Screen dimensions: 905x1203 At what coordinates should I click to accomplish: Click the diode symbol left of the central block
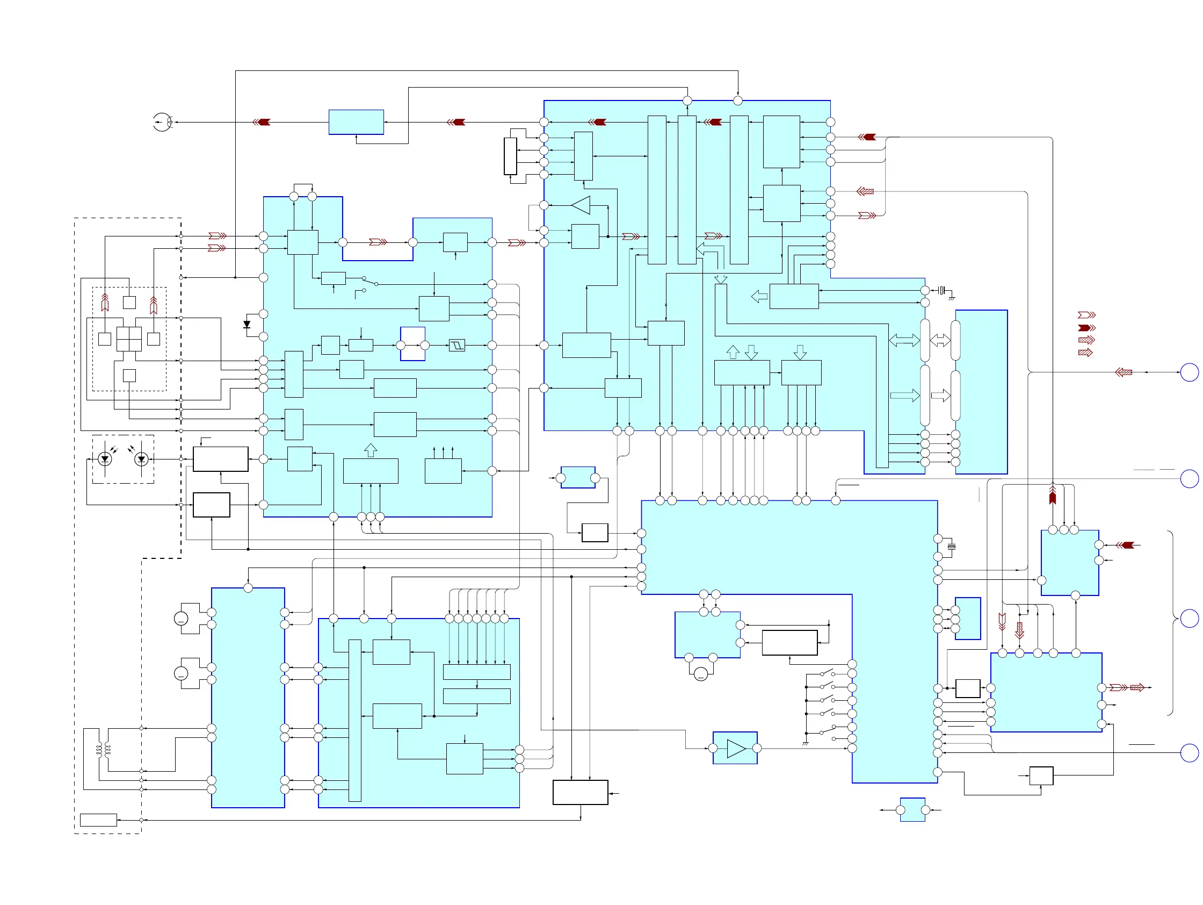(247, 325)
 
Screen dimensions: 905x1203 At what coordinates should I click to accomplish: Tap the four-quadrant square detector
(129, 339)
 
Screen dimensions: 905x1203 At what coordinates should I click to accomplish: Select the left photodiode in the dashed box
(105, 459)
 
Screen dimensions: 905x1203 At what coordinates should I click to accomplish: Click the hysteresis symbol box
(457, 345)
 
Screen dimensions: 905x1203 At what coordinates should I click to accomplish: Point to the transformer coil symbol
(103, 750)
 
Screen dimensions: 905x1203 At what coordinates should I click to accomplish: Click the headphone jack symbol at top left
(162, 122)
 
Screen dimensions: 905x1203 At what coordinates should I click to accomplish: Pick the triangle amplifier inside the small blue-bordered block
(736, 748)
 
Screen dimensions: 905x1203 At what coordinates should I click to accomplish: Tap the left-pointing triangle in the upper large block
(581, 205)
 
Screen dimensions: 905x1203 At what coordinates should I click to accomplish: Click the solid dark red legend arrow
(1086, 328)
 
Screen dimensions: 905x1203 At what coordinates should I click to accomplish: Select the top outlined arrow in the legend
(1086, 315)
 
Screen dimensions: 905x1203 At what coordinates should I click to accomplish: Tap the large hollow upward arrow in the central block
(371, 450)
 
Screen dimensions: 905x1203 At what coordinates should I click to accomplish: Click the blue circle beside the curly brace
(1190, 618)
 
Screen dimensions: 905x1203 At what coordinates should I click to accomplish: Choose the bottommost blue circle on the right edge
(1190, 752)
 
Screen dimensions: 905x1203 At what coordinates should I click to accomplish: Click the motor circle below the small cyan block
(700, 674)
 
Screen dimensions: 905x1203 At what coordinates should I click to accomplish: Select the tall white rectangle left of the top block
(510, 156)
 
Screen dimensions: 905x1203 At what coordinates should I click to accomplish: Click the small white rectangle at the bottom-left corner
(98, 820)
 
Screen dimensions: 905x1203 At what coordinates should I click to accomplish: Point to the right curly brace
(1171, 622)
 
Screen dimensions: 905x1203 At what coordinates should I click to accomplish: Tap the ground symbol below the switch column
(806, 743)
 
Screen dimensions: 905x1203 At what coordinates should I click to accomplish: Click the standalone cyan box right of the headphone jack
(356, 122)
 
